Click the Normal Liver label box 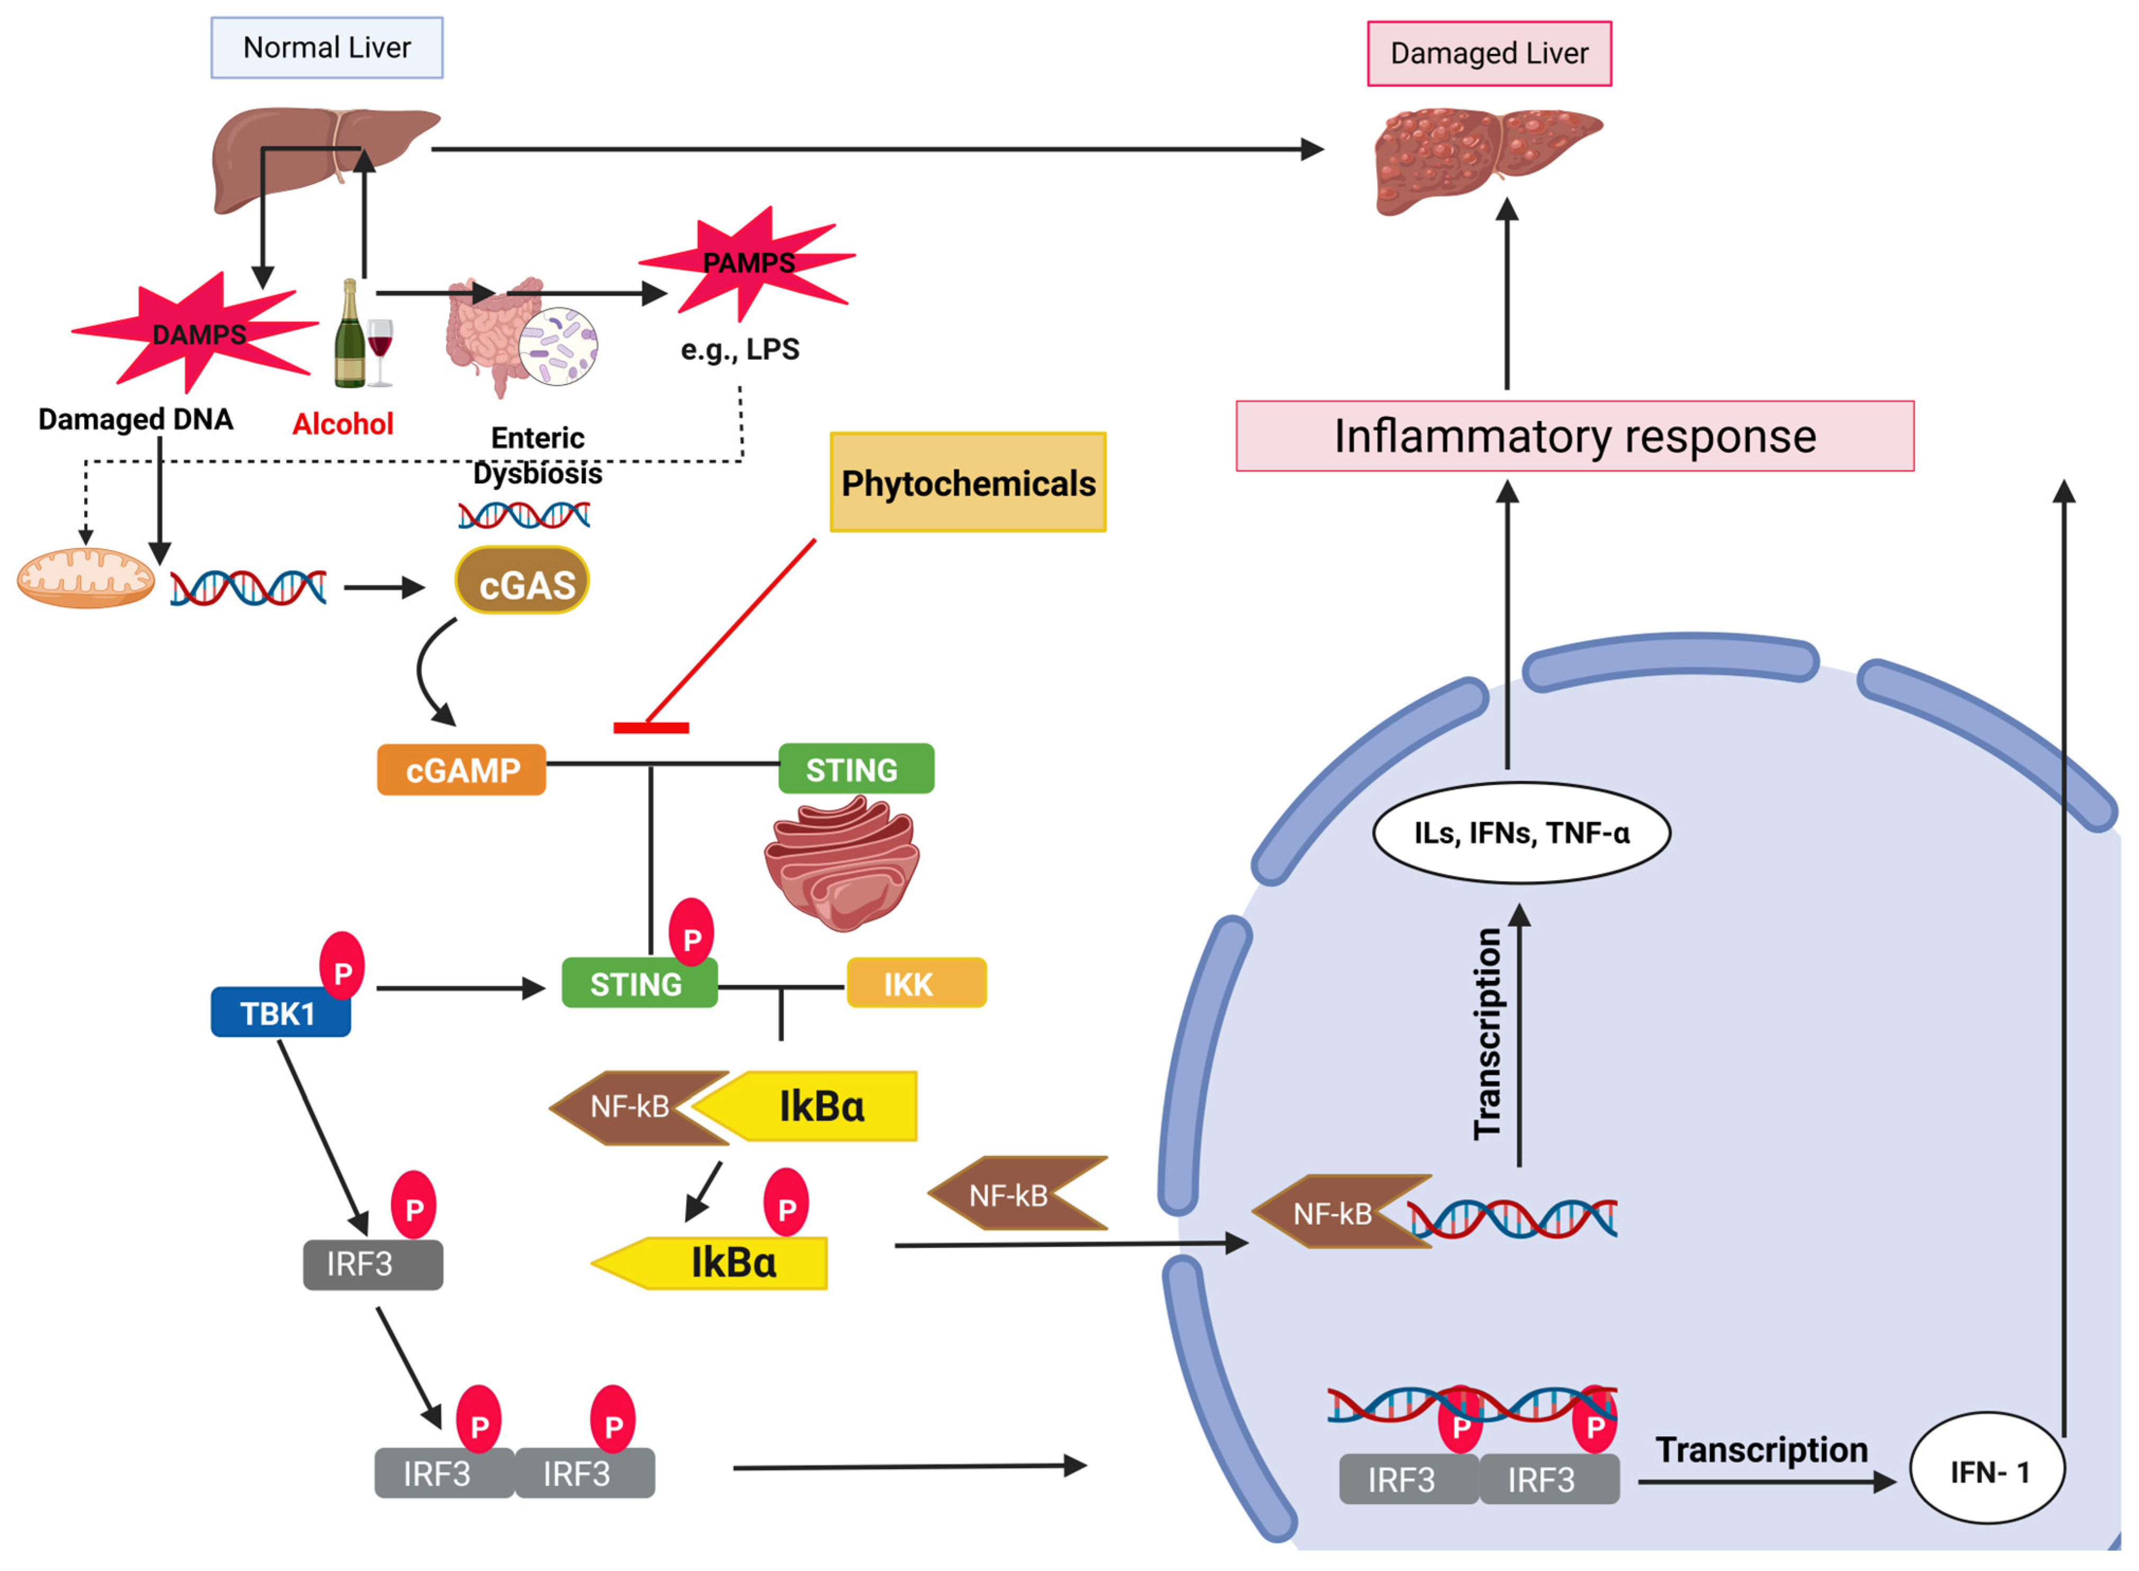326,48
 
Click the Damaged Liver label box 1488,54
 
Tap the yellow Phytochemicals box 967,482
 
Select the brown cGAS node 522,580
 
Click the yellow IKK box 916,983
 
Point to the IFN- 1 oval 1987,1471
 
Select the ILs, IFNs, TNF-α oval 1521,833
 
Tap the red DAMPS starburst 195,333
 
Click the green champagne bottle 349,337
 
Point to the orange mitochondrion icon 86,578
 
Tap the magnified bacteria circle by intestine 558,346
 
